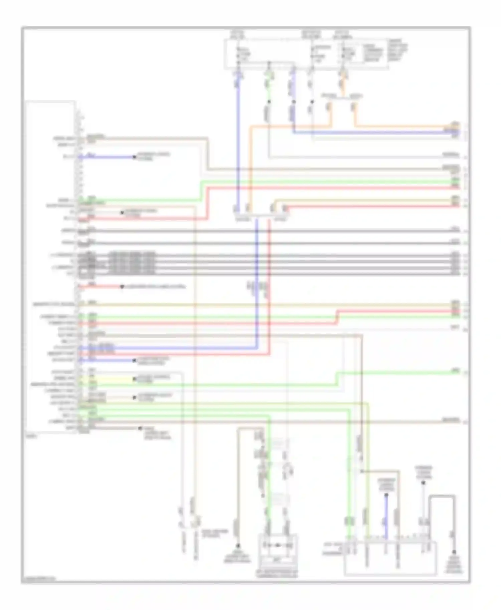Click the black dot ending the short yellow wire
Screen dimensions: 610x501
pos(134,379)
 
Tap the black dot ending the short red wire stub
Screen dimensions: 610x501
pos(122,286)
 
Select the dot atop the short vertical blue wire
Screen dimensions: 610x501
pos(386,495)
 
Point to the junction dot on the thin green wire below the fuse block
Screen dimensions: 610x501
pos(269,101)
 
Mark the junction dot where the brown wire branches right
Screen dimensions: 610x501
pos(362,471)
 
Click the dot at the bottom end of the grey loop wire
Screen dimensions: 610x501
pos(454,552)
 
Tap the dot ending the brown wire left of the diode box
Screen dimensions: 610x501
pos(238,546)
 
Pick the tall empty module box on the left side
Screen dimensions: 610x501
pos(50,267)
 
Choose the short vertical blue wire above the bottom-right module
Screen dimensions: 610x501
pos(386,517)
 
